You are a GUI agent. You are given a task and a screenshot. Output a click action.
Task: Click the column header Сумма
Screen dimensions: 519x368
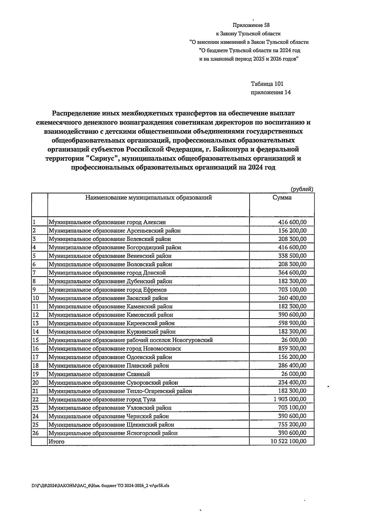pos(282,198)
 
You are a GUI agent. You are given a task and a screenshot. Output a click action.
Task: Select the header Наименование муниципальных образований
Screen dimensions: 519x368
pos(148,198)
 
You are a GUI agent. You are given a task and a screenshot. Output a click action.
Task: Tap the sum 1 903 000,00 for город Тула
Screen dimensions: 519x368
pos(290,399)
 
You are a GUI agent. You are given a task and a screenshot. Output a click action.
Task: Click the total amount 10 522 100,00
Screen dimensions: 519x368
pos(288,441)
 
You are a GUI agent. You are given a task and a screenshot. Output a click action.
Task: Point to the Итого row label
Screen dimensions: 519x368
pos(56,442)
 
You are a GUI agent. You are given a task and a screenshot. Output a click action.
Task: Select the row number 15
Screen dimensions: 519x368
pos(36,340)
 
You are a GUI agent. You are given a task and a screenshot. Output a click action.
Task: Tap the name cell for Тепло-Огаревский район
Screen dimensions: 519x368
pos(120,391)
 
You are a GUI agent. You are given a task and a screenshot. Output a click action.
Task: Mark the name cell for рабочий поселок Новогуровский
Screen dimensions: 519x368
pos(131,340)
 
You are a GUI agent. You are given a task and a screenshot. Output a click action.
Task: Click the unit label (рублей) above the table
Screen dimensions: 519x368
pos(302,189)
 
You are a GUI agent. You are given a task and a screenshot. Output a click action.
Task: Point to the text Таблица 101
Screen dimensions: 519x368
pos(267,84)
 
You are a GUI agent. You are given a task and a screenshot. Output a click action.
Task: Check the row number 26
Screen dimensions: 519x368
pos(36,433)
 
